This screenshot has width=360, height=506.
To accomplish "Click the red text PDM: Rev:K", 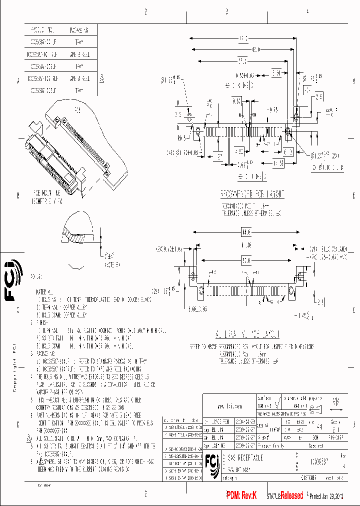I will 241,495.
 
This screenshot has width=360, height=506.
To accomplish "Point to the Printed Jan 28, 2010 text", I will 330,496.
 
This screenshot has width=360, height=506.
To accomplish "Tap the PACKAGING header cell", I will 79,30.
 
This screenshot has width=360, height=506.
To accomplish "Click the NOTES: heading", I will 36,276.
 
